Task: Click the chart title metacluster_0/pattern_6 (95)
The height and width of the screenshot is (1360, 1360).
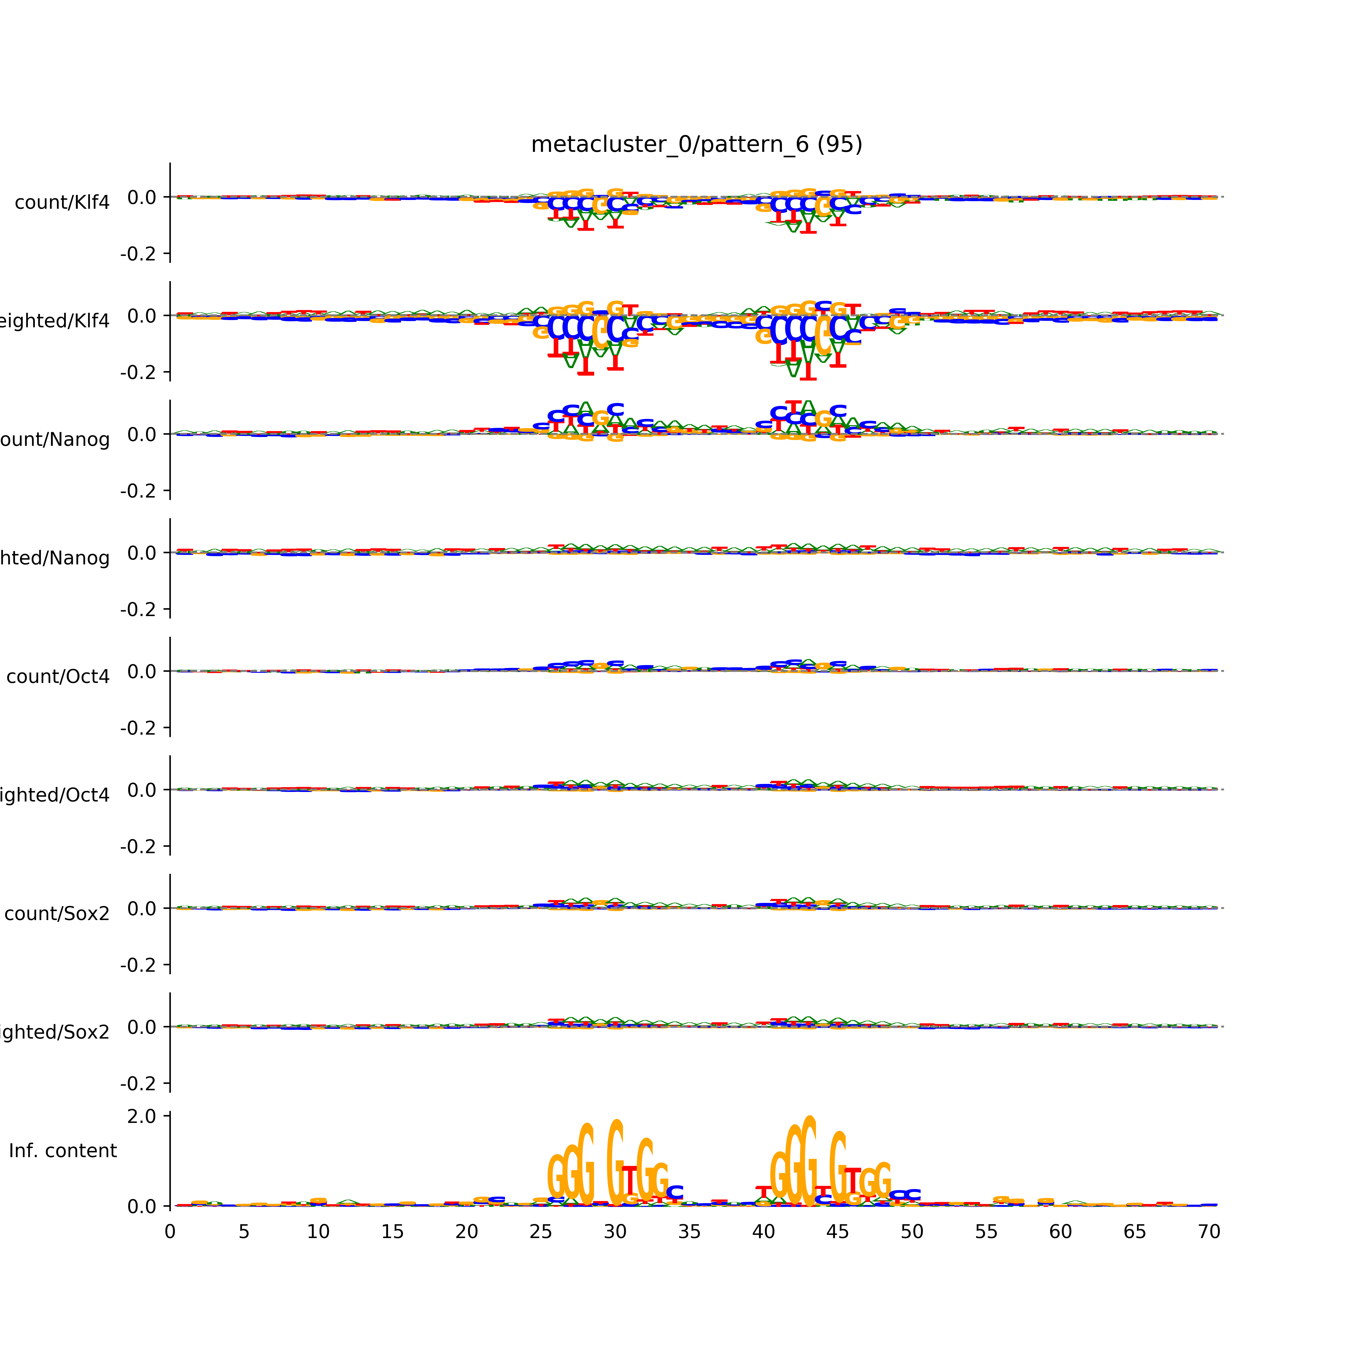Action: (696, 144)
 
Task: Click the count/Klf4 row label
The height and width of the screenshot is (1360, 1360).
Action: (62, 203)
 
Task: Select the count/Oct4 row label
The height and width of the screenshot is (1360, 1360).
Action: (58, 676)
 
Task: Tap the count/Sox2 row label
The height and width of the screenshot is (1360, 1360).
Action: (57, 914)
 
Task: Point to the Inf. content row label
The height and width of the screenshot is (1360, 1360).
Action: (63, 1151)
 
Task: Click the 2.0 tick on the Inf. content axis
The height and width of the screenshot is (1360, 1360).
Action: (141, 1116)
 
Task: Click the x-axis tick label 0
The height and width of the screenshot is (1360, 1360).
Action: (170, 1232)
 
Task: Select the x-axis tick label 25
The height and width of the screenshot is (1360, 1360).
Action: (541, 1232)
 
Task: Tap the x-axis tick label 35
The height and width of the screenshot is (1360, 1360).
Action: (689, 1232)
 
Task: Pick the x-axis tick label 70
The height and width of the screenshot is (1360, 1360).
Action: (1209, 1232)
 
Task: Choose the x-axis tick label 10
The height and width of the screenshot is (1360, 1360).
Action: (318, 1232)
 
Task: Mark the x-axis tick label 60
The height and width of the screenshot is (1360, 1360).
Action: (1060, 1232)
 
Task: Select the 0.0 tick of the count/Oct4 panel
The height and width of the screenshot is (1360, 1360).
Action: (141, 672)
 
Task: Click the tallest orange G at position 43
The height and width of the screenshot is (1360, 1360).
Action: (809, 1161)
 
